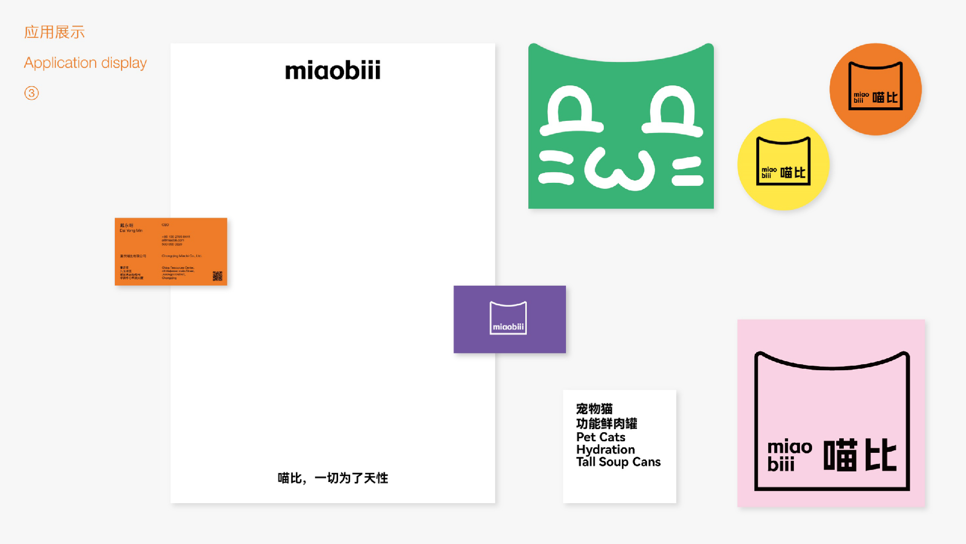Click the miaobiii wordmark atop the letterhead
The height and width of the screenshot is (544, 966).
click(x=333, y=71)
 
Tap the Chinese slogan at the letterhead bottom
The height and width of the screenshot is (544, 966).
click(x=333, y=478)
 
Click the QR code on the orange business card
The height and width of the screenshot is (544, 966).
click(x=217, y=276)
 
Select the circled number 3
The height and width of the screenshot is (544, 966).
click(x=31, y=93)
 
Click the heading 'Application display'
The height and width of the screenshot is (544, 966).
click(x=86, y=63)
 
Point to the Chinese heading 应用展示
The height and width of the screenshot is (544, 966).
click(x=54, y=32)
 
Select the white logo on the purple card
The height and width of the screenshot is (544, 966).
click(x=508, y=318)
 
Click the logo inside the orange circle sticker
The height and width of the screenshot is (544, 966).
click(x=875, y=86)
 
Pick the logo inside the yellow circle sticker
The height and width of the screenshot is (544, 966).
click(x=783, y=161)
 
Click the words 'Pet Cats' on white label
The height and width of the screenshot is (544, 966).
click(x=601, y=437)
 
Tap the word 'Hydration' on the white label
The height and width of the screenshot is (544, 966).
click(x=605, y=449)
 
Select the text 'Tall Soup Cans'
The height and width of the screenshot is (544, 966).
click(x=618, y=462)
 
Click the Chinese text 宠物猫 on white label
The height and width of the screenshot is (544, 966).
click(x=594, y=409)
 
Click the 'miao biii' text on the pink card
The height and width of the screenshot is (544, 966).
click(x=789, y=455)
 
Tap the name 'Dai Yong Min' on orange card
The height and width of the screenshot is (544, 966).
click(x=131, y=231)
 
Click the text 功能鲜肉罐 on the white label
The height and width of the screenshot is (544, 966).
click(x=607, y=423)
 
